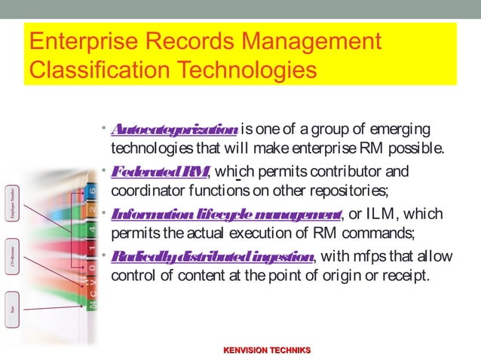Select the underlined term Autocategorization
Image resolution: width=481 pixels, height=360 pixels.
(x=174, y=127)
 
